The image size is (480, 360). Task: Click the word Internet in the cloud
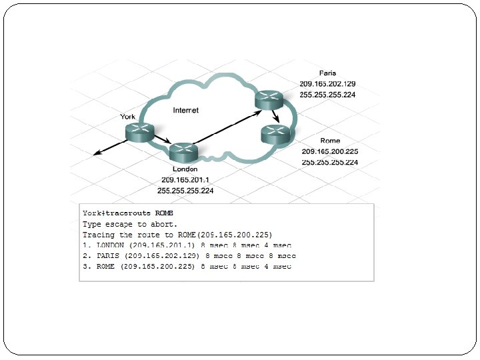coord(185,110)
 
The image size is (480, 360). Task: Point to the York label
coord(127,117)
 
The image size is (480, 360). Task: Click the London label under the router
coord(185,170)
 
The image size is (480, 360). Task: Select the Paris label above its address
coord(327,73)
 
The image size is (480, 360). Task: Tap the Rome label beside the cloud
coord(330,141)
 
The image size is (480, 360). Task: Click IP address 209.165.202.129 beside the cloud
coord(327,84)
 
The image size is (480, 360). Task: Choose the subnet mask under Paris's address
coord(327,95)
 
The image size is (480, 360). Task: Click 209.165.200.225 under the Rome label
coord(330,152)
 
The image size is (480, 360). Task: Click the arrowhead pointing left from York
coord(97,155)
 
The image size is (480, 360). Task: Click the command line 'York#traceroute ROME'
coord(128,213)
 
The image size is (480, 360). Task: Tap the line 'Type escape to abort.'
coord(131,224)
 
